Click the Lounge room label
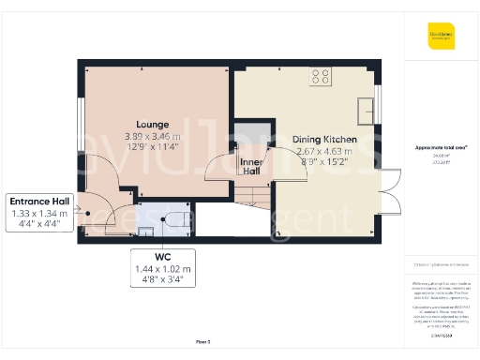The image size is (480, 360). (152, 124)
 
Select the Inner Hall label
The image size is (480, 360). (250, 165)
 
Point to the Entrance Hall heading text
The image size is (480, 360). (41, 202)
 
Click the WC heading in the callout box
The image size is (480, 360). (164, 256)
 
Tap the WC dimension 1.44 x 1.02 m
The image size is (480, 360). (164, 268)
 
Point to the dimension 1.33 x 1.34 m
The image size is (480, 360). (41, 214)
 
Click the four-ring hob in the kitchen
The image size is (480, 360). (320, 77)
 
